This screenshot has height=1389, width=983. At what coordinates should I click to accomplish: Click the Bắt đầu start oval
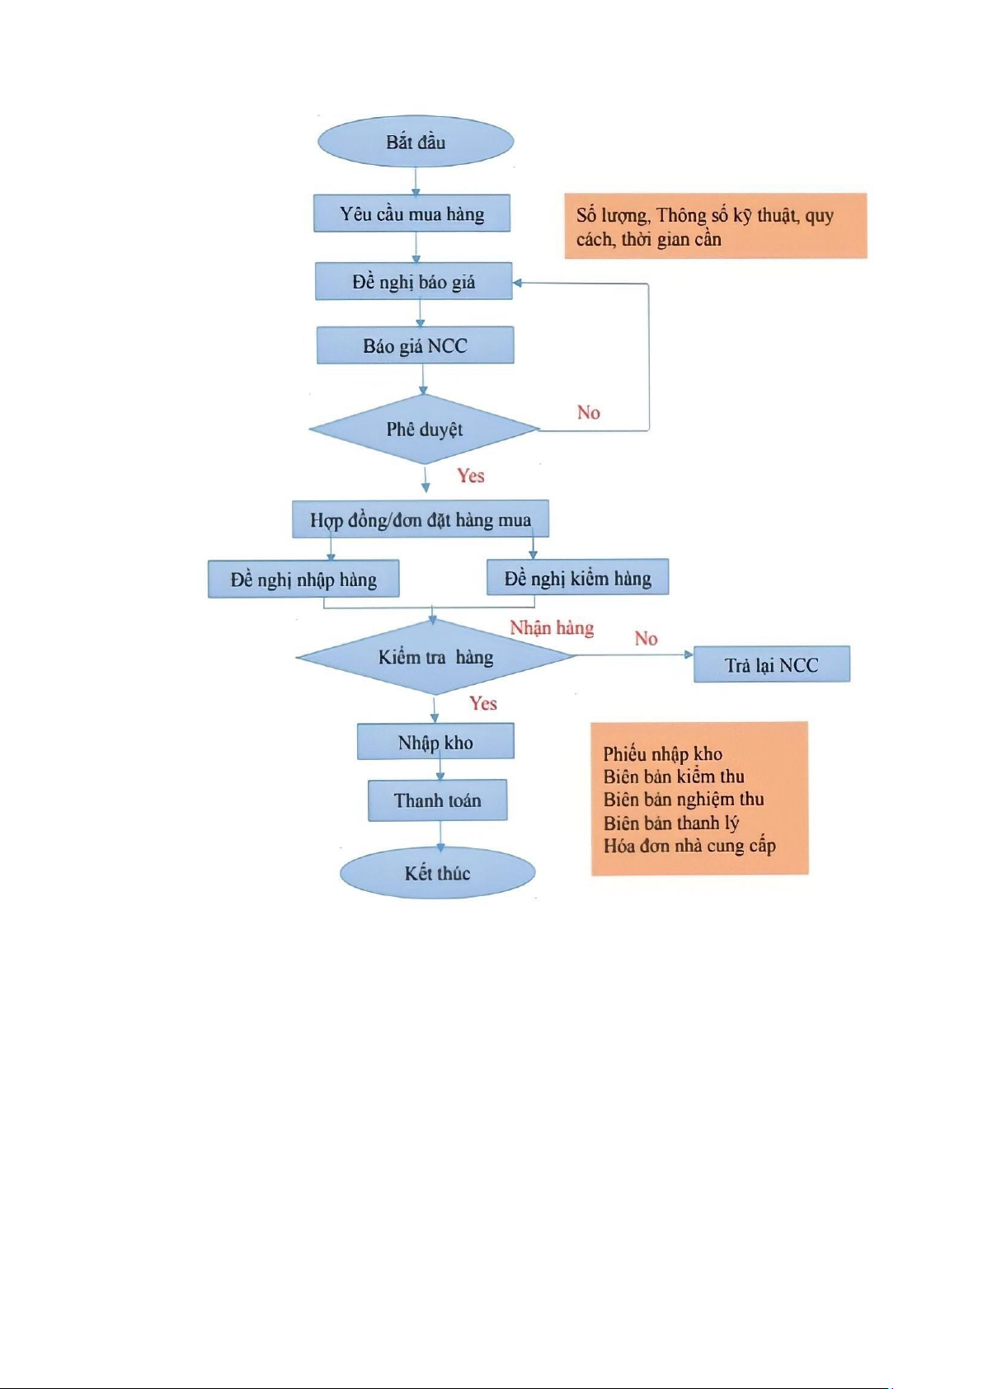coord(416,142)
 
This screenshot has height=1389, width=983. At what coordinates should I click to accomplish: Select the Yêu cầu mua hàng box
coord(412,214)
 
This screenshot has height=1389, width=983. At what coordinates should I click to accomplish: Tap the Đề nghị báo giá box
coord(414,282)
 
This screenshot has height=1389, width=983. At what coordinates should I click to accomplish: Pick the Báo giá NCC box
coord(415,345)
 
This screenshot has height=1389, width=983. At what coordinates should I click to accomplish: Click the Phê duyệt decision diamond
coord(425,429)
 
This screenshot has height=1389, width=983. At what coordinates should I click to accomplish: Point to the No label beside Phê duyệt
coord(589,412)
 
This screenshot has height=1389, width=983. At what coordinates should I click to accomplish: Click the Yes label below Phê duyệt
coord(471,476)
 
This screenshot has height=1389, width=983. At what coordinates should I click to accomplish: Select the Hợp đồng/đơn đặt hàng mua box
coord(421,519)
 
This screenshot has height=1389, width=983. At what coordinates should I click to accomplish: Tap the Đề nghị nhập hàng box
coord(303,580)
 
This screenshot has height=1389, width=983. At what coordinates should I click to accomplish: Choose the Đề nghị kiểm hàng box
coord(577,577)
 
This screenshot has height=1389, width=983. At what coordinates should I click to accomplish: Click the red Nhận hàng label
coord(552,628)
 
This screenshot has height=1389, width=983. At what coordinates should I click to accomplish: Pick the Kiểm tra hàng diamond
coord(436,657)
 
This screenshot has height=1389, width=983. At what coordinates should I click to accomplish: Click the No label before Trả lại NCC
coord(646,639)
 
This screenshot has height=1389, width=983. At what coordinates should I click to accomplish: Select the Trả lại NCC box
coord(772,664)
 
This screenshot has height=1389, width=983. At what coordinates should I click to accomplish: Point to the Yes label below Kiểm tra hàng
coord(483,703)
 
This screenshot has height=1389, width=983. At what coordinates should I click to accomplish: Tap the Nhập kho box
coord(435,742)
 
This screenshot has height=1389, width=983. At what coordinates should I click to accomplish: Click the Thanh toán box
coord(437,800)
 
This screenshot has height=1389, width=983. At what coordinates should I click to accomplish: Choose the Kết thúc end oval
coord(437,873)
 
